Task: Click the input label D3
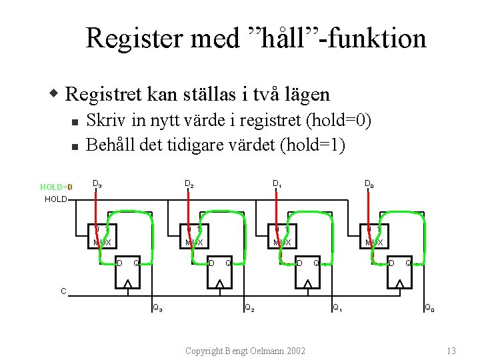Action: [97, 183]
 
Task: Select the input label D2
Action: [189, 183]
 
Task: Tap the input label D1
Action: [277, 183]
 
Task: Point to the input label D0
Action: [369, 183]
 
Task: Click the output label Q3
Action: [157, 308]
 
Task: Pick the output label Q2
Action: [248, 308]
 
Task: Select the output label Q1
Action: [338, 308]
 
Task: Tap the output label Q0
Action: [430, 308]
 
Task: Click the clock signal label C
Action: [63, 291]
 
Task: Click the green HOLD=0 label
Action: [55, 187]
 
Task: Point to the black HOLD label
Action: [55, 199]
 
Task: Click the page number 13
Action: [451, 351]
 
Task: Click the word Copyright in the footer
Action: [205, 351]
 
